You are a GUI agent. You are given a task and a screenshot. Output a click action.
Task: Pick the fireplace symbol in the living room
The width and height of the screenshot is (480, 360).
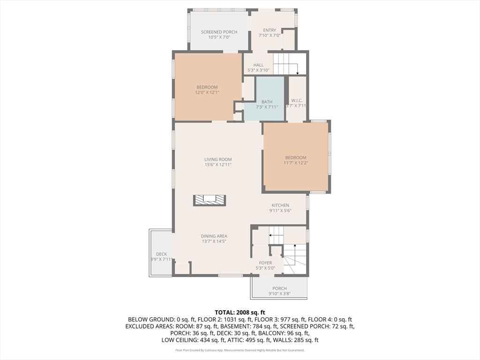[x=210, y=201]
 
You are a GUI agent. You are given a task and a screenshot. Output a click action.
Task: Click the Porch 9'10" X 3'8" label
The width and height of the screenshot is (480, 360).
[x=280, y=291]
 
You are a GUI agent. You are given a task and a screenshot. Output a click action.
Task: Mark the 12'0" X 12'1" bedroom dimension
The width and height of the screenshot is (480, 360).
[x=207, y=92]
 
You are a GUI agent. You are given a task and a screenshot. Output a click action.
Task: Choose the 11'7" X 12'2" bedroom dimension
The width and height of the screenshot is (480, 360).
[x=296, y=163]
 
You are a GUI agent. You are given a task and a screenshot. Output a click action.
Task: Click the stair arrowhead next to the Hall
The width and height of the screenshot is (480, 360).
[x=298, y=74]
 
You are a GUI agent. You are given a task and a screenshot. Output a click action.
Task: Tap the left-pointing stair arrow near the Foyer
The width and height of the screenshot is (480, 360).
[x=276, y=235]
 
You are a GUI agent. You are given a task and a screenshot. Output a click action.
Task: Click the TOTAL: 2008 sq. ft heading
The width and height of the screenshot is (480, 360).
[x=240, y=313]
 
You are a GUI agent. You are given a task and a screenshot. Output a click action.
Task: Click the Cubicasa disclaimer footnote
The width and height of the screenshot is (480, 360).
[x=240, y=350]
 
